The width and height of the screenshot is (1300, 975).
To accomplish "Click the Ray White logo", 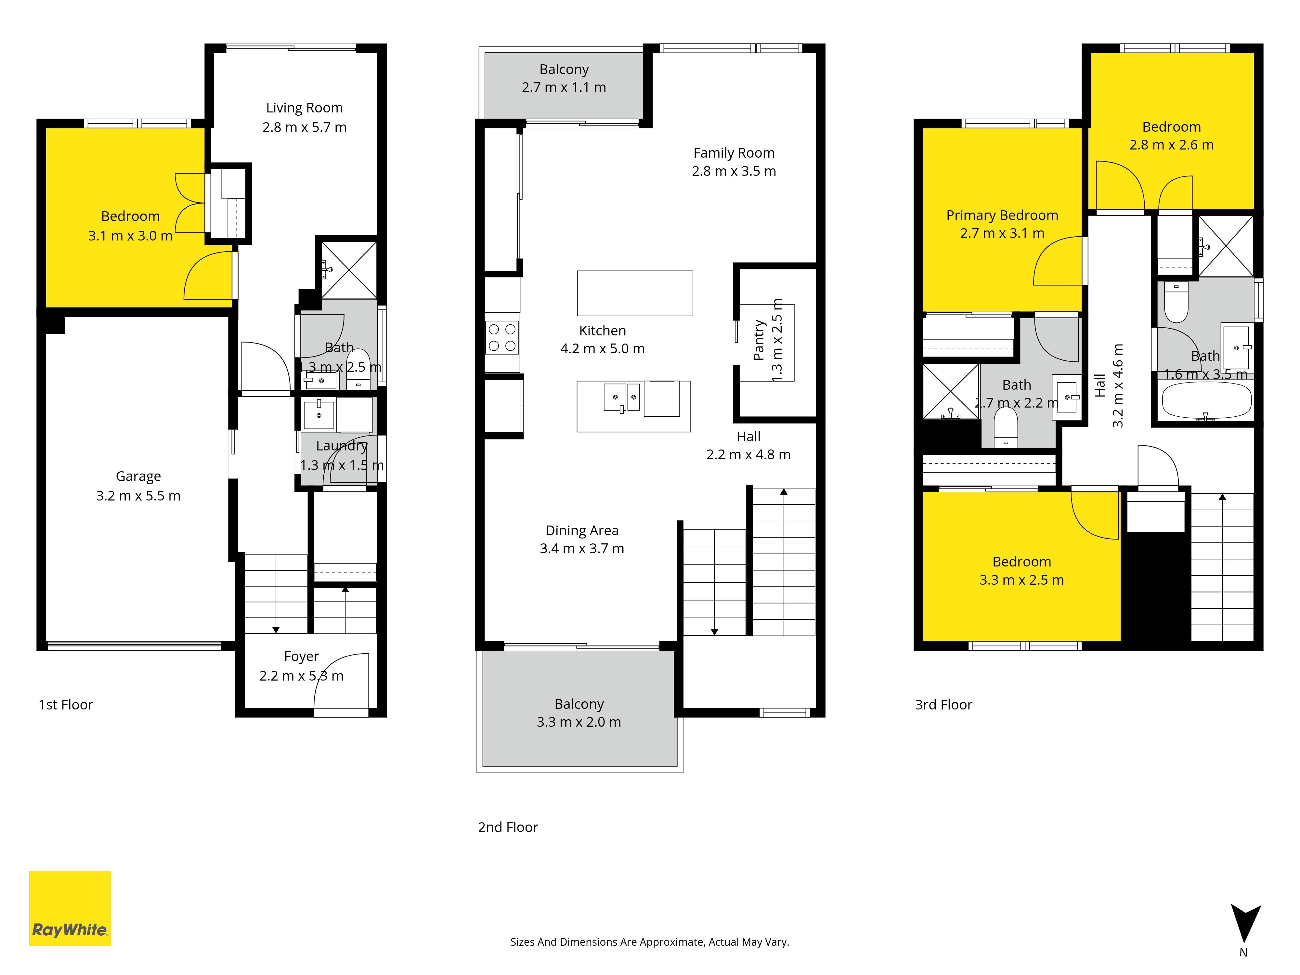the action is [x=70, y=908].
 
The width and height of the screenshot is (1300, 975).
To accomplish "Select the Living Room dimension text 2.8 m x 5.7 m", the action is [x=305, y=127].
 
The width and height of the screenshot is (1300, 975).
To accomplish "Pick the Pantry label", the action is [x=759, y=340].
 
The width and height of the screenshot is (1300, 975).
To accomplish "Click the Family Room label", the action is [x=734, y=153].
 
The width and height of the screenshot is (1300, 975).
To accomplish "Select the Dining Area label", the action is [x=582, y=531].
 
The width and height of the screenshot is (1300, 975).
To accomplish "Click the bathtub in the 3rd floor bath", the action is [x=1206, y=401].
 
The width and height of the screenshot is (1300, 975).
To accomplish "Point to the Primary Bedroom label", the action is [x=1002, y=216].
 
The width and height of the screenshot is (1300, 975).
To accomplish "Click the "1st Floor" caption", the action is [x=66, y=705].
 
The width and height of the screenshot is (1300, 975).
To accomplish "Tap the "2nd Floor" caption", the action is [x=508, y=827].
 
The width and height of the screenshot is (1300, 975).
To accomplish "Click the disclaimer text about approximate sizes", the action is [x=649, y=942].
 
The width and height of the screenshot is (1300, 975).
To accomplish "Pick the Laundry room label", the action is [x=342, y=446].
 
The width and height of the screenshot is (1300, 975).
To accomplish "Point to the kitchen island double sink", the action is [x=622, y=398].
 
